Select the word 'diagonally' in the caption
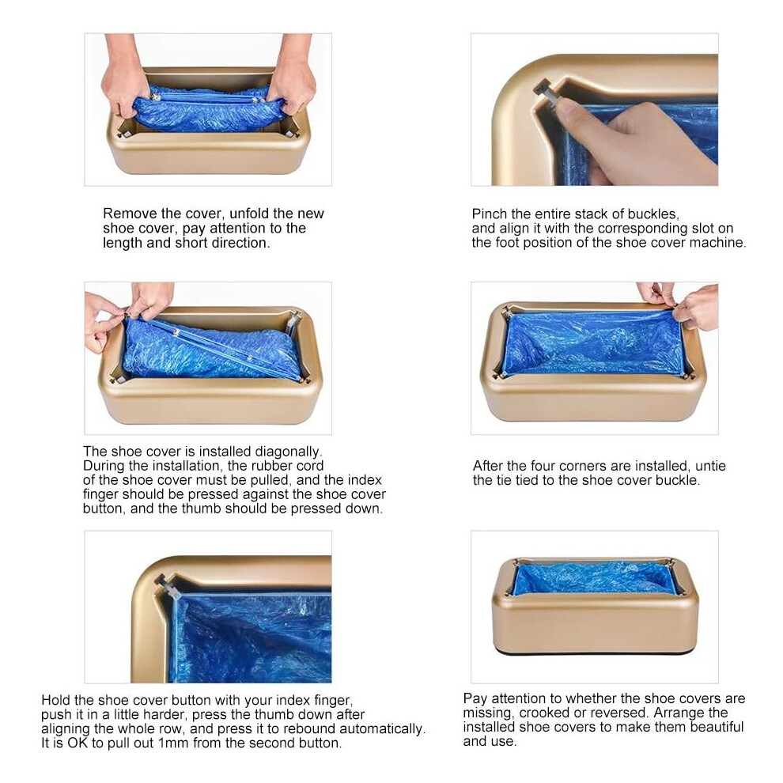pyautogui.click(x=289, y=452)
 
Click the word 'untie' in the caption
pyautogui.click(x=710, y=466)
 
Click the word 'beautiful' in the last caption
pyautogui.click(x=712, y=727)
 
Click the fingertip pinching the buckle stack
pyautogui.click(x=566, y=106)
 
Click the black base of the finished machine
pyautogui.click(x=594, y=651)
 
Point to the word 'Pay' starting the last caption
pyautogui.click(x=475, y=698)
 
